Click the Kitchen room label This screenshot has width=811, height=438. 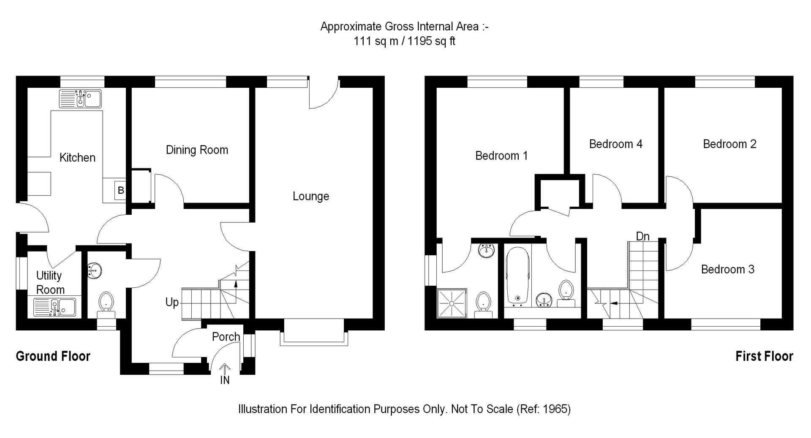77,158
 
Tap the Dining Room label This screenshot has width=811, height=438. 197,150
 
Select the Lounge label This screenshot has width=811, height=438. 311,196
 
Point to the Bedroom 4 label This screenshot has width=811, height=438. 615,144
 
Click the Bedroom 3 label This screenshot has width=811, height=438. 727,270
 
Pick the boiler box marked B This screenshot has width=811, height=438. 121,190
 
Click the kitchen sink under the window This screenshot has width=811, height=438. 80,99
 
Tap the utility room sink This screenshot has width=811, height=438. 54,307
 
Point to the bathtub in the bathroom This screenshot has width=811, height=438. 517,276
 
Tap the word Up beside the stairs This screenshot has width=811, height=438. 172,303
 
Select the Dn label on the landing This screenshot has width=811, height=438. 642,236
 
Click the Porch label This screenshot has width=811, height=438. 226,337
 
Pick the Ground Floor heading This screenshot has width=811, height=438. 53,357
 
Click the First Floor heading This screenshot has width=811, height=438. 764,357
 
